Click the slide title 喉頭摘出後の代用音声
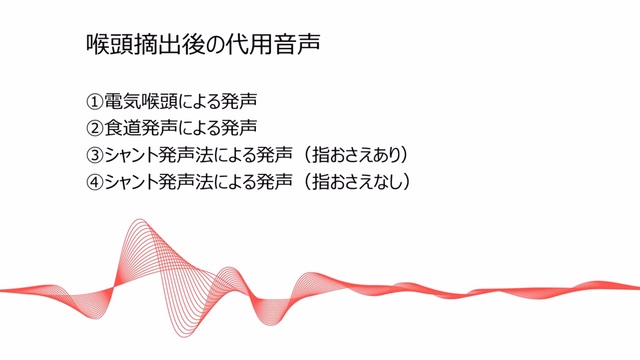tap(203, 44)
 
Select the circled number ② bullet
tap(95, 128)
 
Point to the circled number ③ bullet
tap(95, 155)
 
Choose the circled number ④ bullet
tap(95, 182)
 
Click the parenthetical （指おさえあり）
tap(355, 155)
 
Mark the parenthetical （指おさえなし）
tap(355, 182)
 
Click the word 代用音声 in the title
tap(273, 44)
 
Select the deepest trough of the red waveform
tap(184, 336)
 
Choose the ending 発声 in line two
tap(239, 128)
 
